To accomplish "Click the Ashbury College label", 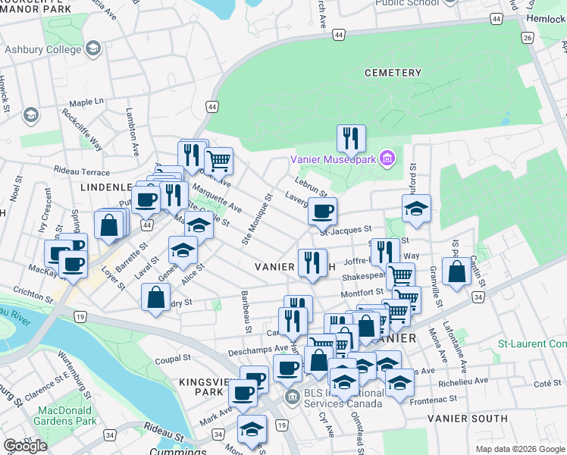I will pos(44,50).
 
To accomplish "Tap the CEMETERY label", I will pos(392,73).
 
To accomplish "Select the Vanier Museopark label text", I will pos(334,158).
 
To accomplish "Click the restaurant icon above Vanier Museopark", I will pos(351,138).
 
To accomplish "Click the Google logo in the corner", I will pos(25,446).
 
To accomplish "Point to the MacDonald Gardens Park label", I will pos(67,416).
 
